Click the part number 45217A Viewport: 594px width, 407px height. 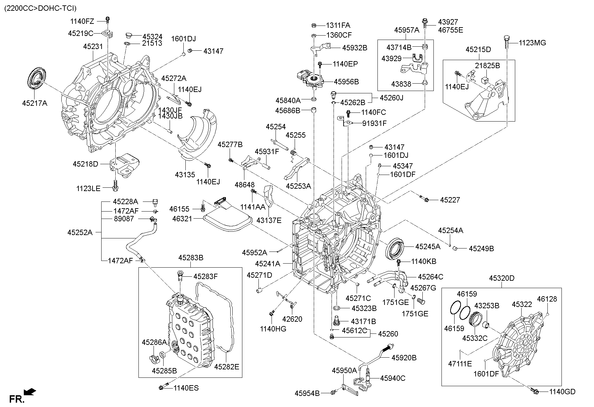35,103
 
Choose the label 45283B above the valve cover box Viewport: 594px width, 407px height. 191,258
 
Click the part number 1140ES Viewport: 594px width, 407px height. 186,388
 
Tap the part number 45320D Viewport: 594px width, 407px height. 501,278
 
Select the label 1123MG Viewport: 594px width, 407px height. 532,43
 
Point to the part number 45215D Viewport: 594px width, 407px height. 478,50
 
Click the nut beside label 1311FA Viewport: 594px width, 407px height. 314,25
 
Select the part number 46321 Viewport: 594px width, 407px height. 182,219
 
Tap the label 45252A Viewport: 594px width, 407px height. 80,232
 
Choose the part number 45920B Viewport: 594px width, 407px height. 404,358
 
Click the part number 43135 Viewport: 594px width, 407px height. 185,175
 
